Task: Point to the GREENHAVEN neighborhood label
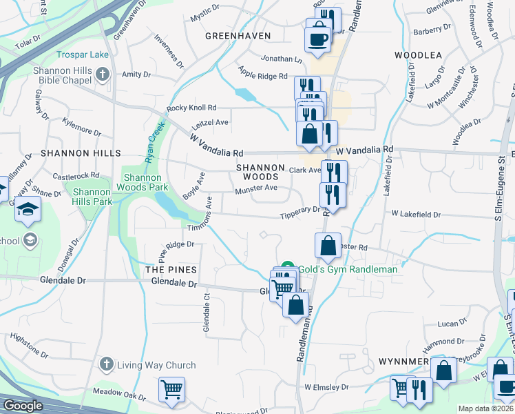(x=238, y=36)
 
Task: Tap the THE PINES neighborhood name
(x=171, y=270)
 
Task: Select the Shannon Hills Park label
(x=92, y=197)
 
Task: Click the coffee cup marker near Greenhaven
(x=318, y=39)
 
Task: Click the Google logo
(x=23, y=406)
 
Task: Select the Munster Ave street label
(x=255, y=188)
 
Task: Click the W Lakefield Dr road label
(x=416, y=215)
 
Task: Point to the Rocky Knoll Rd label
(x=192, y=108)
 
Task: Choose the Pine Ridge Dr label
(x=178, y=245)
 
